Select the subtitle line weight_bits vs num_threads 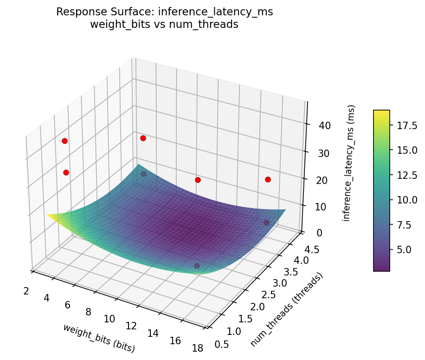[x=165, y=25]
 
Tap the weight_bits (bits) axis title [x=99, y=338]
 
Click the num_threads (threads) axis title [x=286, y=309]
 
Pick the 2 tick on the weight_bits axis [x=26, y=291]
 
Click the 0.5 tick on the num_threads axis [x=222, y=343]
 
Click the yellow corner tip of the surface [x=48, y=215]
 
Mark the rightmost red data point [x=268, y=179]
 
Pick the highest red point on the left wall [x=64, y=141]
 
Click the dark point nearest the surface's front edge [x=197, y=266]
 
